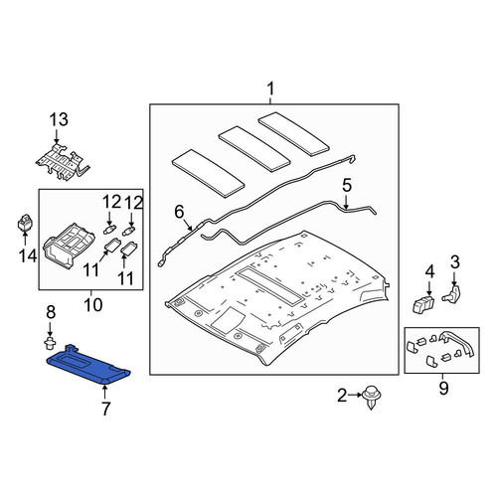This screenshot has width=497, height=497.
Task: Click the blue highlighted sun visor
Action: (x=88, y=365)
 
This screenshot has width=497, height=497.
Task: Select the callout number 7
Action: (x=105, y=409)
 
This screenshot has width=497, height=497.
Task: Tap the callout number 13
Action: (x=59, y=119)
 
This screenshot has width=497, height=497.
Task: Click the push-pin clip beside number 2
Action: (x=372, y=397)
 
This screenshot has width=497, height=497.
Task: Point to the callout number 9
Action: (x=443, y=388)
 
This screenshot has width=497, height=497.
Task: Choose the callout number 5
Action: (x=347, y=186)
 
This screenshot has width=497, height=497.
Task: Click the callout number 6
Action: (x=179, y=212)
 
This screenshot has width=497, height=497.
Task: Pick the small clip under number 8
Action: (x=50, y=343)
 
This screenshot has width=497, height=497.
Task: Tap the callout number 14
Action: (x=28, y=255)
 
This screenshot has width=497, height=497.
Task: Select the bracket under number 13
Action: (x=63, y=162)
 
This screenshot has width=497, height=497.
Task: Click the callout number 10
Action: (x=93, y=305)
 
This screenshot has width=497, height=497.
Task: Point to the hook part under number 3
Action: (x=453, y=292)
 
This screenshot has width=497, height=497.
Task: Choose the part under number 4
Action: (x=423, y=304)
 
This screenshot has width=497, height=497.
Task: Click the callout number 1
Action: (x=270, y=88)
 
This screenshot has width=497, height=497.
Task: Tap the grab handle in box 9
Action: (x=458, y=343)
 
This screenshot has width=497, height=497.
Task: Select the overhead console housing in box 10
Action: (x=69, y=246)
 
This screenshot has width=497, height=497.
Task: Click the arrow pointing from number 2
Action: (x=355, y=395)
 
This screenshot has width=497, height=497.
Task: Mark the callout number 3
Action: (x=455, y=262)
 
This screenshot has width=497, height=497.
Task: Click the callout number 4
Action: (x=429, y=271)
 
